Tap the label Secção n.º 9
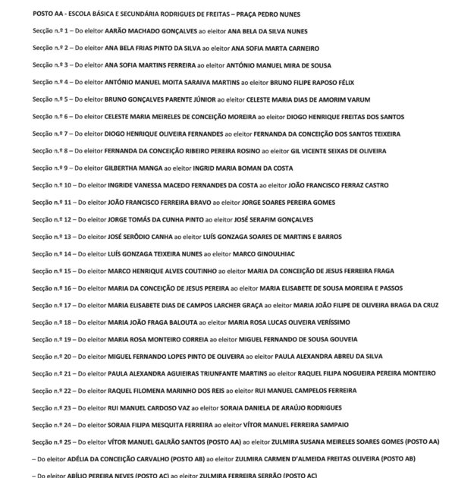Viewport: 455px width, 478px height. point(51,168)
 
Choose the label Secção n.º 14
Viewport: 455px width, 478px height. point(52,253)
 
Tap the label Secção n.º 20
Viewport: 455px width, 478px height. point(52,356)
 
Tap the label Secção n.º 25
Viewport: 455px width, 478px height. point(52,442)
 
